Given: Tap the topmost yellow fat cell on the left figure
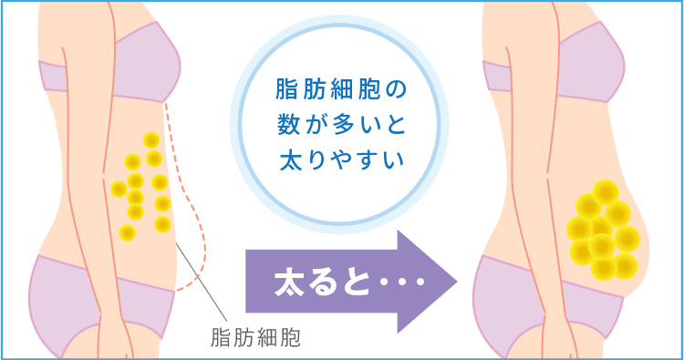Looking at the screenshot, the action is pyautogui.click(x=151, y=139).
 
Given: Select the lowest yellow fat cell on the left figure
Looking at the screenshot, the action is pyautogui.click(x=128, y=232).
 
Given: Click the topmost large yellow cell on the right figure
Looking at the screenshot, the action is pyautogui.click(x=606, y=191).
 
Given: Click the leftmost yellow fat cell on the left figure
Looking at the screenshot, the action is pyautogui.click(x=119, y=190).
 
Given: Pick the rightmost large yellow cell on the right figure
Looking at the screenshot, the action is pyautogui.click(x=627, y=238).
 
